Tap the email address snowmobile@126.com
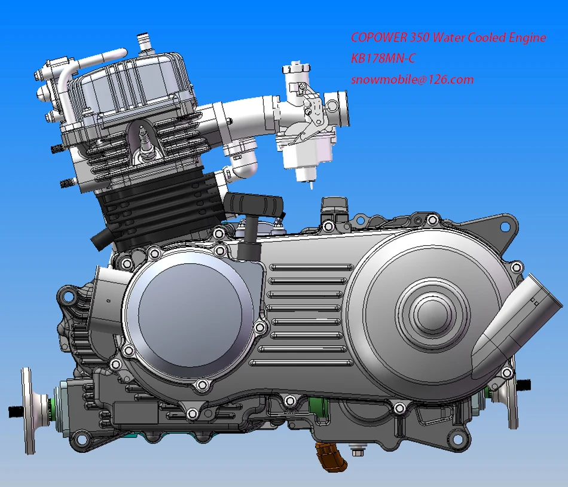tap(412, 79)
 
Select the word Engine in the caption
tap(526, 38)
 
